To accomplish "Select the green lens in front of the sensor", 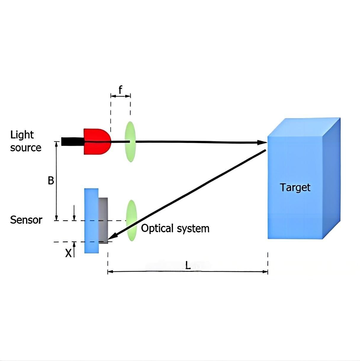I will click(131, 221).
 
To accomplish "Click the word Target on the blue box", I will click(295, 188).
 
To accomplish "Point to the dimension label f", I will click(120, 89).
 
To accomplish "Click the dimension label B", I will click(51, 181).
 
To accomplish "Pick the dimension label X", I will click(68, 253).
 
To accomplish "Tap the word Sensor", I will click(26, 220).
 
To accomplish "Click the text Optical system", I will click(175, 229).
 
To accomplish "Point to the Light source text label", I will click(25, 141).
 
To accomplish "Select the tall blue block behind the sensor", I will click(91, 221).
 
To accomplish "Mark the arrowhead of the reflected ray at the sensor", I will click(112, 237).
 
